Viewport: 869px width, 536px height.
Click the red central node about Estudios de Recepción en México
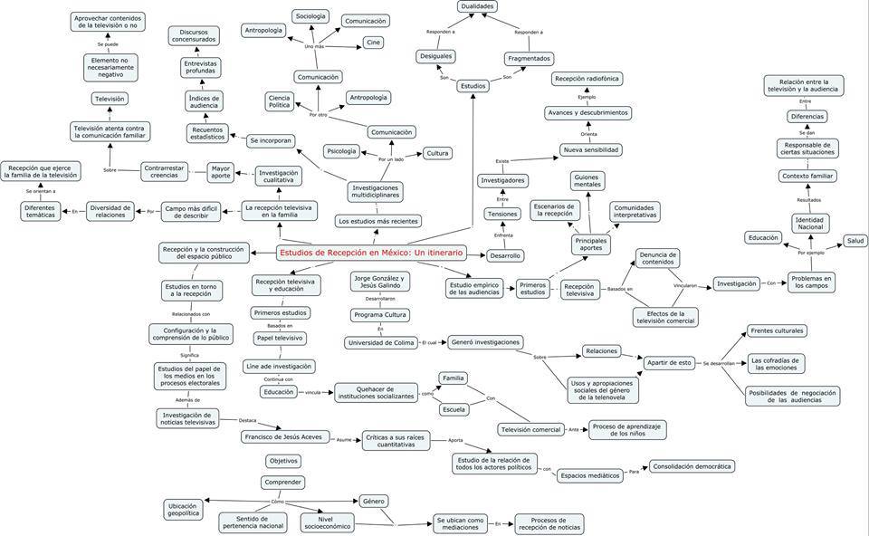(370, 253)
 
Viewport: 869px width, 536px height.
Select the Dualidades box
(477, 6)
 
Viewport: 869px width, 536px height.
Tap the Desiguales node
(435, 56)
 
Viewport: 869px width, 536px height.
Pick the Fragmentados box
(529, 59)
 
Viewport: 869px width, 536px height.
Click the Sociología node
(310, 15)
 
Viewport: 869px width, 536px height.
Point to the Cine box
(373, 43)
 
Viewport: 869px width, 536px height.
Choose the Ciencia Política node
(280, 101)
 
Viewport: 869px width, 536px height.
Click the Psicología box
(341, 151)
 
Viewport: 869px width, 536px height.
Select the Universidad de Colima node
(380, 342)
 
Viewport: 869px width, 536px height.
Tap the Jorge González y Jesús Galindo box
(380, 282)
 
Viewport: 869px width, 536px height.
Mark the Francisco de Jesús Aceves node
(283, 436)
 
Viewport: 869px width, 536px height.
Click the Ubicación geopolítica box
(184, 510)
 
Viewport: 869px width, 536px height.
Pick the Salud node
(855, 241)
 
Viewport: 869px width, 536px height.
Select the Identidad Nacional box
(809, 223)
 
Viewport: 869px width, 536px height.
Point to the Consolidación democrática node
(692, 466)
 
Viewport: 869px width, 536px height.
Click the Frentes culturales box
(777, 330)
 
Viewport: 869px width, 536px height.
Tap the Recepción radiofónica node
(587, 79)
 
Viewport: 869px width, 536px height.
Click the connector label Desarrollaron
(380, 298)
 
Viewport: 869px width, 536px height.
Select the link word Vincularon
(685, 284)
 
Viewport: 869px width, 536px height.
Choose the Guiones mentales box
(587, 180)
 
